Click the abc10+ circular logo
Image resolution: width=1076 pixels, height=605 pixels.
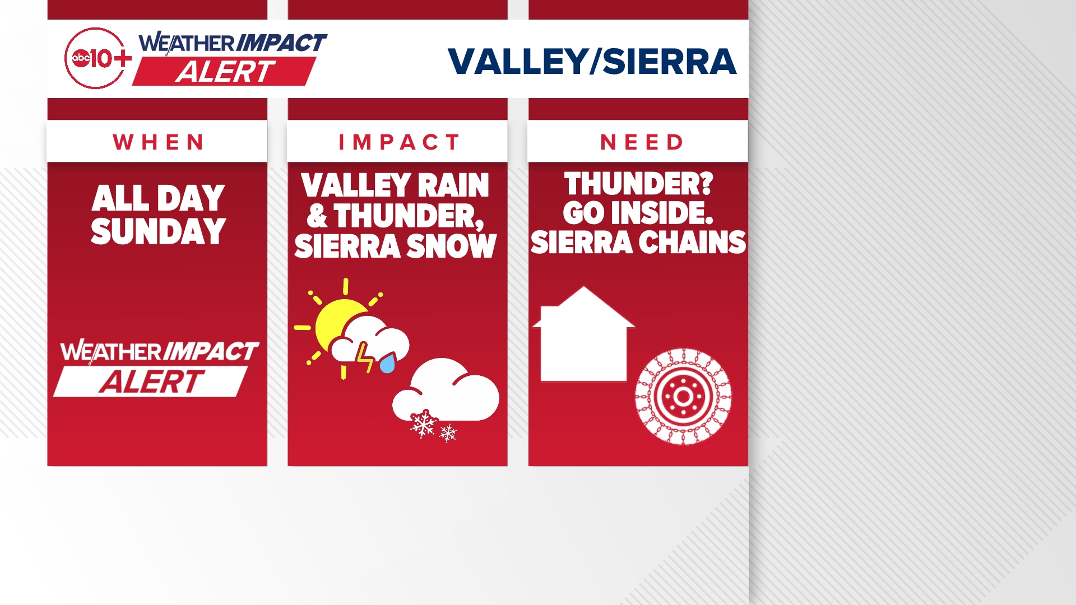point(96,58)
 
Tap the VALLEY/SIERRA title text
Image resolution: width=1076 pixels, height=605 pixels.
point(592,61)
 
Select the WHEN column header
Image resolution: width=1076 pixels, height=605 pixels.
point(159,142)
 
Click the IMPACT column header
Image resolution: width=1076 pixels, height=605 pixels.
point(399,142)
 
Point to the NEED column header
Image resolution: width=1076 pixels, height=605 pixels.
point(642,142)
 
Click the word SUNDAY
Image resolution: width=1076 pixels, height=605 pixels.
point(159,231)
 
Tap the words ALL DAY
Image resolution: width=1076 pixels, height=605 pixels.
point(159,198)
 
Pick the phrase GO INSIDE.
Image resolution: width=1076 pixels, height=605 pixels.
point(638,213)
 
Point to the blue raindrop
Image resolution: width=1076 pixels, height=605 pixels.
point(387,364)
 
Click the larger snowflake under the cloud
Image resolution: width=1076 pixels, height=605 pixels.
point(423,424)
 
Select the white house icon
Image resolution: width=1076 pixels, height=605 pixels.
point(583,334)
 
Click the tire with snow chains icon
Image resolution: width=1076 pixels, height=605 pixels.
point(683,397)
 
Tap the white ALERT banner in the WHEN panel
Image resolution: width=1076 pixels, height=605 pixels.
point(151,381)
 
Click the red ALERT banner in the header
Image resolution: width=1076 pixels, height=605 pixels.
point(225,71)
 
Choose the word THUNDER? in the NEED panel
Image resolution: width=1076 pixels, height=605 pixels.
point(638,184)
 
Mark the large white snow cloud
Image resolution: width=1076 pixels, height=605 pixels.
point(446,390)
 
